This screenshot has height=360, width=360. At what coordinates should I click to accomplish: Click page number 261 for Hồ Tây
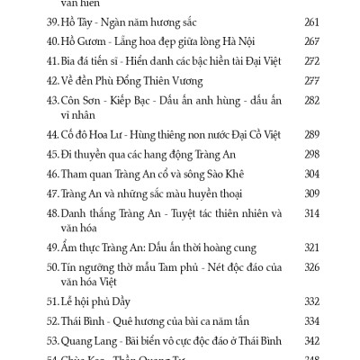point(312,22)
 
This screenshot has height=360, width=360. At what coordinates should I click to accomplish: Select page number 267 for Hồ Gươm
point(312,41)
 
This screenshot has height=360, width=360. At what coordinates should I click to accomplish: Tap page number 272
point(312,61)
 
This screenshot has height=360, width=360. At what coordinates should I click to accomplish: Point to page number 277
point(312,80)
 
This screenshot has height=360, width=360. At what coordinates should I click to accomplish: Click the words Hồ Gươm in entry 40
point(85,41)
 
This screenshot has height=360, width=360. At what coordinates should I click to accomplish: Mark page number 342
point(312,341)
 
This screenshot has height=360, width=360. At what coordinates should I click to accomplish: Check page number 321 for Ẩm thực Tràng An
point(312,247)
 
